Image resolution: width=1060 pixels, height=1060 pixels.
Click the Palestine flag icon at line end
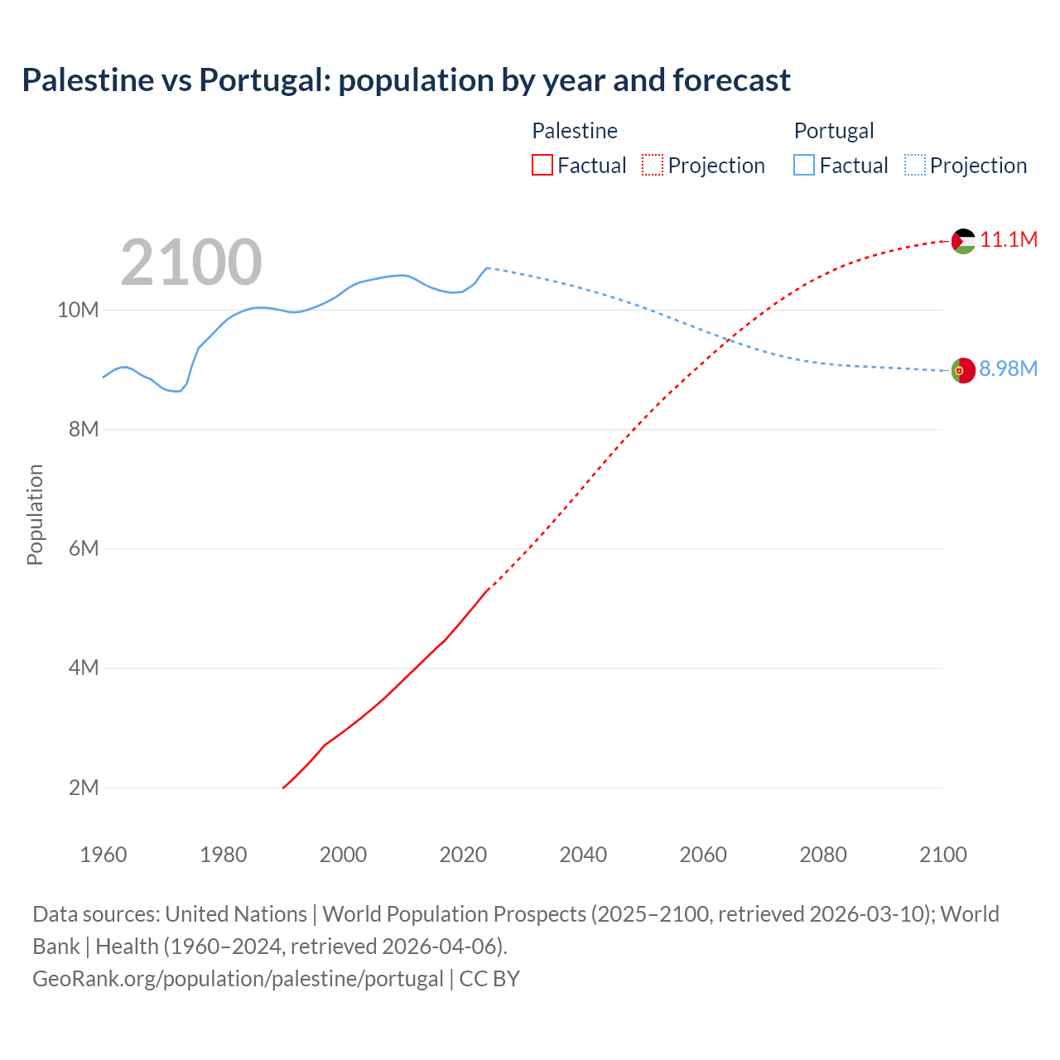(x=963, y=241)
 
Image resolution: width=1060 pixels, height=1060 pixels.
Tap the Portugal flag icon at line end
(x=963, y=371)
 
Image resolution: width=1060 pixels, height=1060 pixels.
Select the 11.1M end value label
(x=1009, y=240)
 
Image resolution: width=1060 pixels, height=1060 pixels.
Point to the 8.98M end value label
(x=1008, y=369)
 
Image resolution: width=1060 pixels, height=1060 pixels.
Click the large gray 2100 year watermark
(x=191, y=263)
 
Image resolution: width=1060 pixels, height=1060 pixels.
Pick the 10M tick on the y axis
(x=78, y=311)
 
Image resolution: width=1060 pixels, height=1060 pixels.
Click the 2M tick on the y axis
(x=84, y=788)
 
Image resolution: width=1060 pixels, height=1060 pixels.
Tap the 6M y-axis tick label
(x=84, y=549)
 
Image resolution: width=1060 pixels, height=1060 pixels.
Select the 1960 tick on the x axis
(x=104, y=855)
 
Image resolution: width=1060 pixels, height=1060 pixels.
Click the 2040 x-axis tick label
(x=583, y=855)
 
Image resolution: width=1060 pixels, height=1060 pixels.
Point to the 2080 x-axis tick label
(x=823, y=855)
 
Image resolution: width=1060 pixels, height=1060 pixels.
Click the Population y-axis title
(x=35, y=514)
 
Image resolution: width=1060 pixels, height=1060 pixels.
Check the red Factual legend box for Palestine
(x=542, y=166)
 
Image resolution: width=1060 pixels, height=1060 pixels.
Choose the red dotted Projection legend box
(x=653, y=166)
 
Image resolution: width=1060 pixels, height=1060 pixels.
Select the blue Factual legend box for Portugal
(x=804, y=166)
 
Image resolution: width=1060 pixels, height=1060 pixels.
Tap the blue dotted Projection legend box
(x=915, y=166)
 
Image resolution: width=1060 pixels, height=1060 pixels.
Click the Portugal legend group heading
(x=834, y=131)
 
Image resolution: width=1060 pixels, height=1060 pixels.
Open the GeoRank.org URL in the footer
(x=238, y=979)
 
